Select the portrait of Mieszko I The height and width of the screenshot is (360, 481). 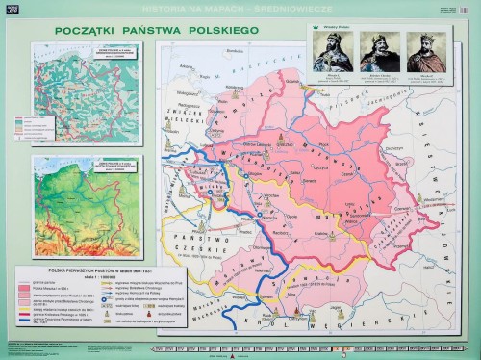pos(330,51)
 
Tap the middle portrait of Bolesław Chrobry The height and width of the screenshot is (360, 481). pos(376,51)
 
